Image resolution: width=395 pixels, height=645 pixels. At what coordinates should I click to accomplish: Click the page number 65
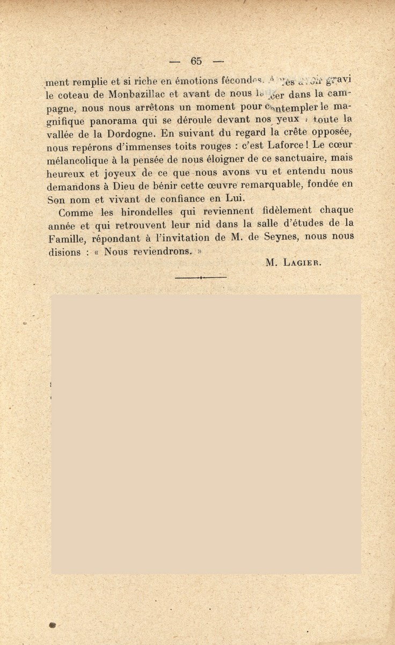(x=195, y=61)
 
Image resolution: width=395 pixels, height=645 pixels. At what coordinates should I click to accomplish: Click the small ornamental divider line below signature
(x=200, y=278)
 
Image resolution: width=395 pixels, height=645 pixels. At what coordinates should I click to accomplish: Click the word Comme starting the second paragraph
(x=76, y=212)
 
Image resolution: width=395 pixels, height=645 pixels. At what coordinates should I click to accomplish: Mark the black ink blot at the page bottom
(x=53, y=626)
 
